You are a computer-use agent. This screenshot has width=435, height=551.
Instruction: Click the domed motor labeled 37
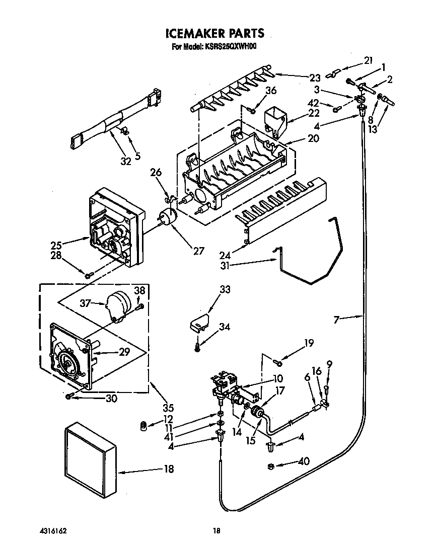point(120,305)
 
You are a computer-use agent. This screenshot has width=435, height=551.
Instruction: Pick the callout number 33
point(225,289)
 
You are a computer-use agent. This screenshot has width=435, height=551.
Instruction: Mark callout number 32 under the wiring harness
point(126,161)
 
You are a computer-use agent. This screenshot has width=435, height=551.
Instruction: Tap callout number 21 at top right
point(368,61)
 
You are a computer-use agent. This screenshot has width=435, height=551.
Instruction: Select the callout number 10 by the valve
point(278,378)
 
